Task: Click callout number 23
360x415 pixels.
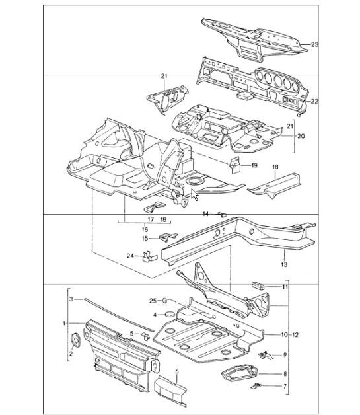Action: click(x=315, y=45)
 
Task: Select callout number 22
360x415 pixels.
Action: click(x=314, y=101)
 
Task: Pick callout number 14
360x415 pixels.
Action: click(x=205, y=214)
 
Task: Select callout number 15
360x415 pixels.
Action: click(x=145, y=238)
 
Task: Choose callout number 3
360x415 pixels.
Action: click(x=71, y=299)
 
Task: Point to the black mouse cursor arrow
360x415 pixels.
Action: click(x=194, y=196)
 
